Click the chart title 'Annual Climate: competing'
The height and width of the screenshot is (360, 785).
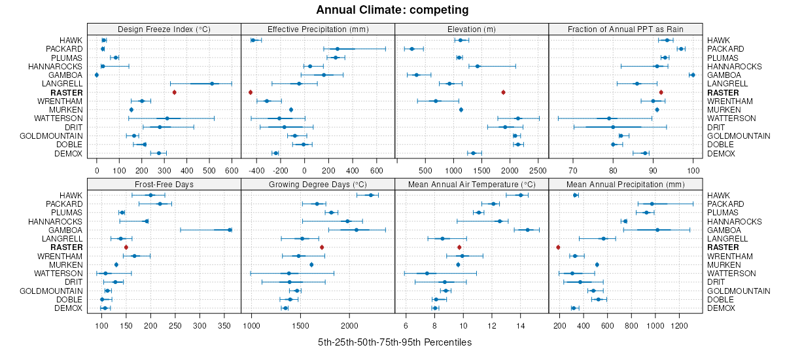(x=392, y=10)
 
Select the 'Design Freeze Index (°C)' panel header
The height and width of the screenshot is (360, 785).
(x=164, y=29)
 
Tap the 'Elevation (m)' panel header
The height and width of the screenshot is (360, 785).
(x=472, y=29)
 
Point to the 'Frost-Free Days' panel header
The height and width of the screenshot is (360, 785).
(x=164, y=184)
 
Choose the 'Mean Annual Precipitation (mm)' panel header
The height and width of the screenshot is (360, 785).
(x=625, y=184)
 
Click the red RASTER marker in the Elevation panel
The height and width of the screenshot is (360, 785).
(x=503, y=92)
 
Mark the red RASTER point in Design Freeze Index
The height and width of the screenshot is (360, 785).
(x=175, y=92)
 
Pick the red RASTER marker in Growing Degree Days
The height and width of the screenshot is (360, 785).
(x=322, y=247)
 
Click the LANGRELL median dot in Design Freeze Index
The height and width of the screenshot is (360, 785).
(x=212, y=84)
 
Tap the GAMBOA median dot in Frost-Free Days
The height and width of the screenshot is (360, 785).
(x=230, y=230)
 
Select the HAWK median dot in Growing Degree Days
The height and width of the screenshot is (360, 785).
(x=371, y=195)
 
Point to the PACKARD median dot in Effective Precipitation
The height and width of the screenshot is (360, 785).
(x=338, y=49)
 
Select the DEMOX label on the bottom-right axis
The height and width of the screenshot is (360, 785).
(x=722, y=308)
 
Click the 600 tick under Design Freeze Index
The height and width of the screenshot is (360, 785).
(x=232, y=171)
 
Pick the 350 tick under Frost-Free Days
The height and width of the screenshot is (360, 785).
(x=224, y=325)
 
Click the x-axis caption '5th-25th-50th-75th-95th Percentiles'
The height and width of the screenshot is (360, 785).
(x=394, y=342)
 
